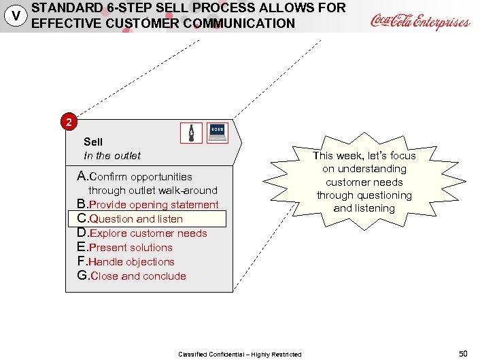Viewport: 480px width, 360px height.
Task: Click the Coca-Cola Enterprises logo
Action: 419,21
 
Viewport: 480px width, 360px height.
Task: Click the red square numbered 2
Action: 68,123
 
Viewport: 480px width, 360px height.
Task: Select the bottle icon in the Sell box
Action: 191,133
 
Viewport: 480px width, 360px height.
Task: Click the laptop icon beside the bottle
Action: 217,133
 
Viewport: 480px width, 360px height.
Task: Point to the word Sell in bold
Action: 93,142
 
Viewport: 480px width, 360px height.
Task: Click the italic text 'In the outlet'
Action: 112,155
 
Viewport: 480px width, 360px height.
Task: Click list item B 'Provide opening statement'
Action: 148,205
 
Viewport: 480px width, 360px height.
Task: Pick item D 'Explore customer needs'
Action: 142,233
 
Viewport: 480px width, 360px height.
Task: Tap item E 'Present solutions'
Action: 125,248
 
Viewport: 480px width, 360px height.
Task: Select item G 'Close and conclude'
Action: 132,276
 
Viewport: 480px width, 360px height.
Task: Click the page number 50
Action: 463,353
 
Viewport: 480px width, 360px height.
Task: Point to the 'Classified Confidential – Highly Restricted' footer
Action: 240,354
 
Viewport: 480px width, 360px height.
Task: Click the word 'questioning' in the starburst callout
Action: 385,195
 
